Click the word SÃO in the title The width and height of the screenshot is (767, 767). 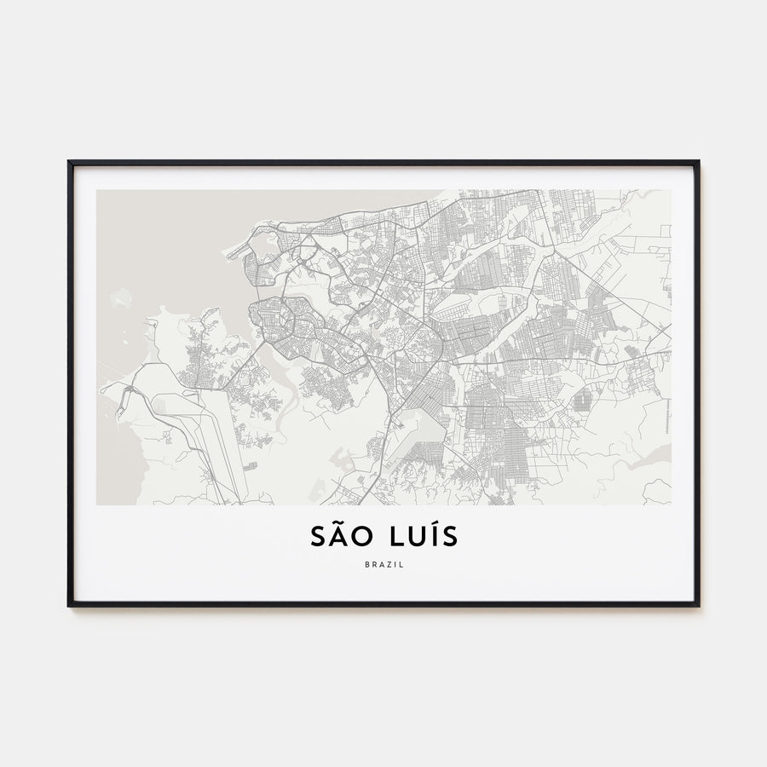(338, 537)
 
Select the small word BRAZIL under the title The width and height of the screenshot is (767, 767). (383, 563)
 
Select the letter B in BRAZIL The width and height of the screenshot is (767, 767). (366, 563)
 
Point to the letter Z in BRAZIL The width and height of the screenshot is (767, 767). (387, 563)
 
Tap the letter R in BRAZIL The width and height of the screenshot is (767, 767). (372, 563)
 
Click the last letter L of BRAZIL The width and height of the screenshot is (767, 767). (401, 563)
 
